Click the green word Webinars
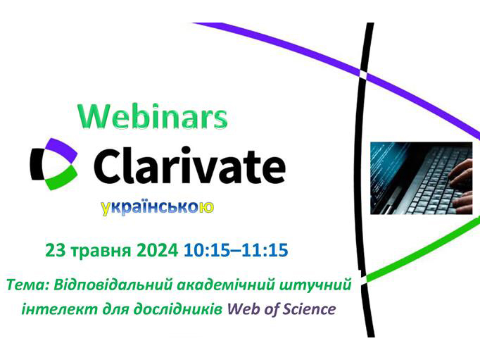point(153,117)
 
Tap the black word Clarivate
point(189,165)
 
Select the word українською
point(158,207)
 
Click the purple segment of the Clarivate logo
point(62,149)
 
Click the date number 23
point(54,250)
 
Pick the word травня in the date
point(101,251)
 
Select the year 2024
point(158,250)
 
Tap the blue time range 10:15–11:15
point(236,250)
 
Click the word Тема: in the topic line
point(27,285)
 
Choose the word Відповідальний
point(113,285)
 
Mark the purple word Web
point(240,309)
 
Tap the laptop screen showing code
point(386,175)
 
